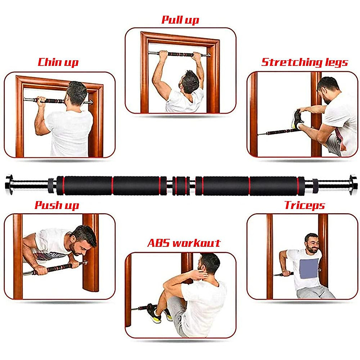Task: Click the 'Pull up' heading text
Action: click(180, 20)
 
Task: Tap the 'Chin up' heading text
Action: click(58, 62)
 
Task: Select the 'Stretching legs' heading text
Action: click(304, 62)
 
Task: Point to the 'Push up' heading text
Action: click(57, 205)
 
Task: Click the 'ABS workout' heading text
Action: click(184, 243)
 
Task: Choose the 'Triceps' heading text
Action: click(304, 205)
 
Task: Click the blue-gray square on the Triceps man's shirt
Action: click(309, 268)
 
